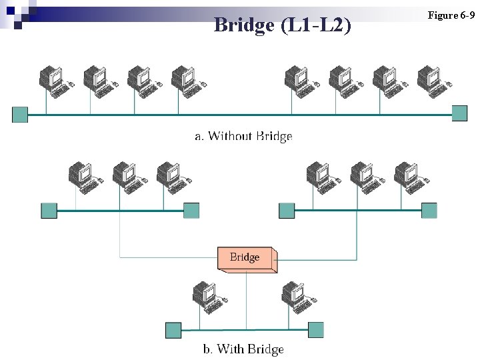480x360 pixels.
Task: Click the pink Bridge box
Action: click(246, 258)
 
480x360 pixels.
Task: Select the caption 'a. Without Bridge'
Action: click(243, 136)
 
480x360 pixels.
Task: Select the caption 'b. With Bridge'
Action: click(243, 349)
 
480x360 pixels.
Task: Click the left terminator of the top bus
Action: click(20, 115)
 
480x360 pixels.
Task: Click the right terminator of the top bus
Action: click(460, 113)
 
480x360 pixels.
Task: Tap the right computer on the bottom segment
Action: click(296, 296)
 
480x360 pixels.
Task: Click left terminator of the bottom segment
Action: click(173, 330)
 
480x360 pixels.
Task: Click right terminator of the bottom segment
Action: click(316, 329)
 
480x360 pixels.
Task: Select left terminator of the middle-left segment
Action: click(49, 211)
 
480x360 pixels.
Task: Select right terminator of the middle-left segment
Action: click(191, 211)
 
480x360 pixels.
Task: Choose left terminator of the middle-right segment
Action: click(287, 211)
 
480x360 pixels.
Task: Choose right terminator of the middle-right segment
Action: click(429, 211)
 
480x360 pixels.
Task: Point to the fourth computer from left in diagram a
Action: click(183, 79)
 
